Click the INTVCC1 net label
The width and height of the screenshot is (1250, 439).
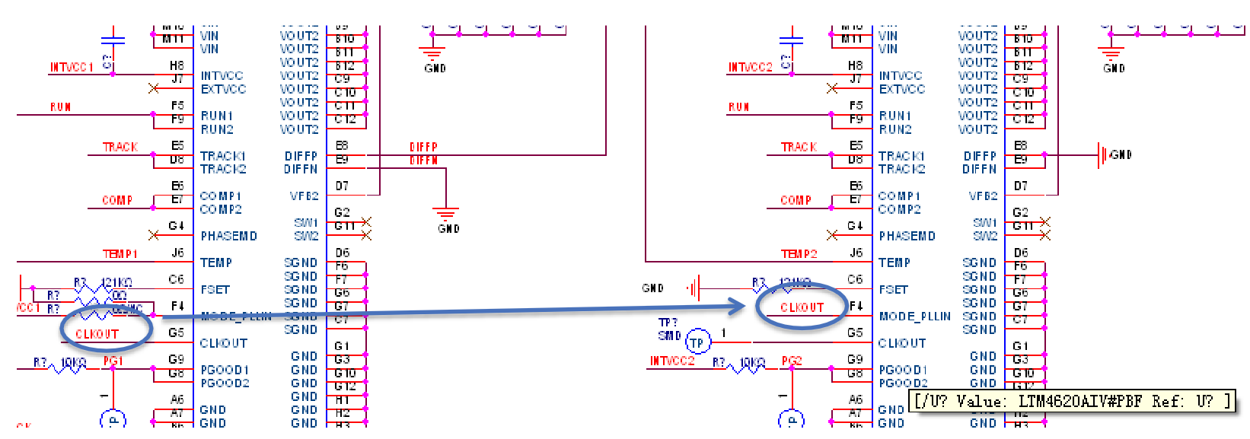click(72, 67)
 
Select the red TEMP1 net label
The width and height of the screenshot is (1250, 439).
click(120, 254)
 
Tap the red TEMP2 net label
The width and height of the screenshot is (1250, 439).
click(799, 254)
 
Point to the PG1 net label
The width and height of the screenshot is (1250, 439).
click(113, 361)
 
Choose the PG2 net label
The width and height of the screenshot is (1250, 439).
click(792, 361)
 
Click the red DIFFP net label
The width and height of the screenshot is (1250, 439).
click(423, 147)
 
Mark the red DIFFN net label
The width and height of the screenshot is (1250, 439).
click(423, 161)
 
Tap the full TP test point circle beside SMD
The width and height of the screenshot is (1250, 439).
click(697, 342)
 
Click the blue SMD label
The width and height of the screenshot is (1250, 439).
click(669, 336)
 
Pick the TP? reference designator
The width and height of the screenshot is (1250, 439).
click(668, 323)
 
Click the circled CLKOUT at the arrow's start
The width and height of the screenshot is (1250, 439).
click(97, 334)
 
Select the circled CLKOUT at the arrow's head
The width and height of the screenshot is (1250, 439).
click(802, 307)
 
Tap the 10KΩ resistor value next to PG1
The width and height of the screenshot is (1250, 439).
click(73, 362)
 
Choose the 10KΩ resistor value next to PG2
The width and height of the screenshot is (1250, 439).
click(752, 362)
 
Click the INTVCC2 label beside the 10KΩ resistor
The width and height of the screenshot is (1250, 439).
click(672, 361)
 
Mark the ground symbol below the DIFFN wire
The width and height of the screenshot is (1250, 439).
click(445, 215)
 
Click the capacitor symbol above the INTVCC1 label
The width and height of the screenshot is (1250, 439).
click(113, 38)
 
